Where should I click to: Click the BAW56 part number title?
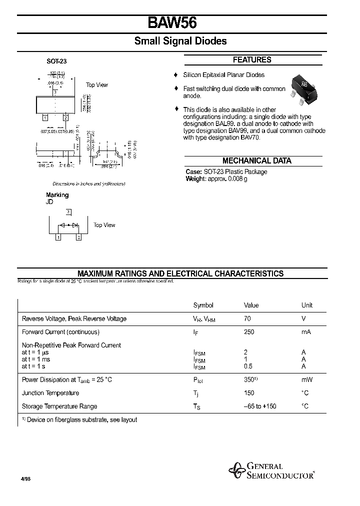172,23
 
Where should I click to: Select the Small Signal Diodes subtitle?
180,41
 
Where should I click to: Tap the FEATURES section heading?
252,60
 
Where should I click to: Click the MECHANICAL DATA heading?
256,161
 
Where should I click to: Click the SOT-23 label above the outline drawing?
56,61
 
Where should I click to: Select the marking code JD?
49,202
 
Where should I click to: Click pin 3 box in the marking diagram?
68,212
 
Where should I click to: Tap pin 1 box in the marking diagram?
58,237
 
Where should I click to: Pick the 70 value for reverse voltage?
247,318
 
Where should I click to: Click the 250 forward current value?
249,332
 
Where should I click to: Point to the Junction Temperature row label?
50,393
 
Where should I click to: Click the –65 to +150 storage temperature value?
260,406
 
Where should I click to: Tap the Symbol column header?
203,305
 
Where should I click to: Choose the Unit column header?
307,305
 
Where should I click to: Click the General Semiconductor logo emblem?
236,470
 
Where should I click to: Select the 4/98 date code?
25,478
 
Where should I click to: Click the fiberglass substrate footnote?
80,420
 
